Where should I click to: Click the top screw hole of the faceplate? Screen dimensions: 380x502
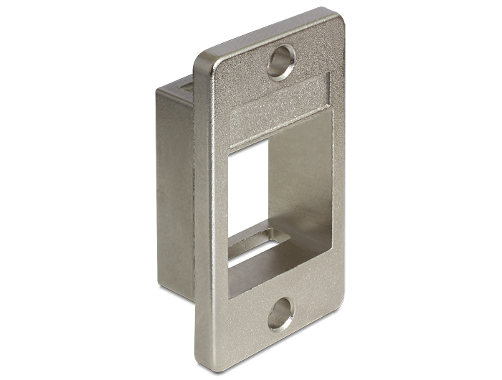coord(281,61)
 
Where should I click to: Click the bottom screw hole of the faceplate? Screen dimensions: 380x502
coord(280,314)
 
